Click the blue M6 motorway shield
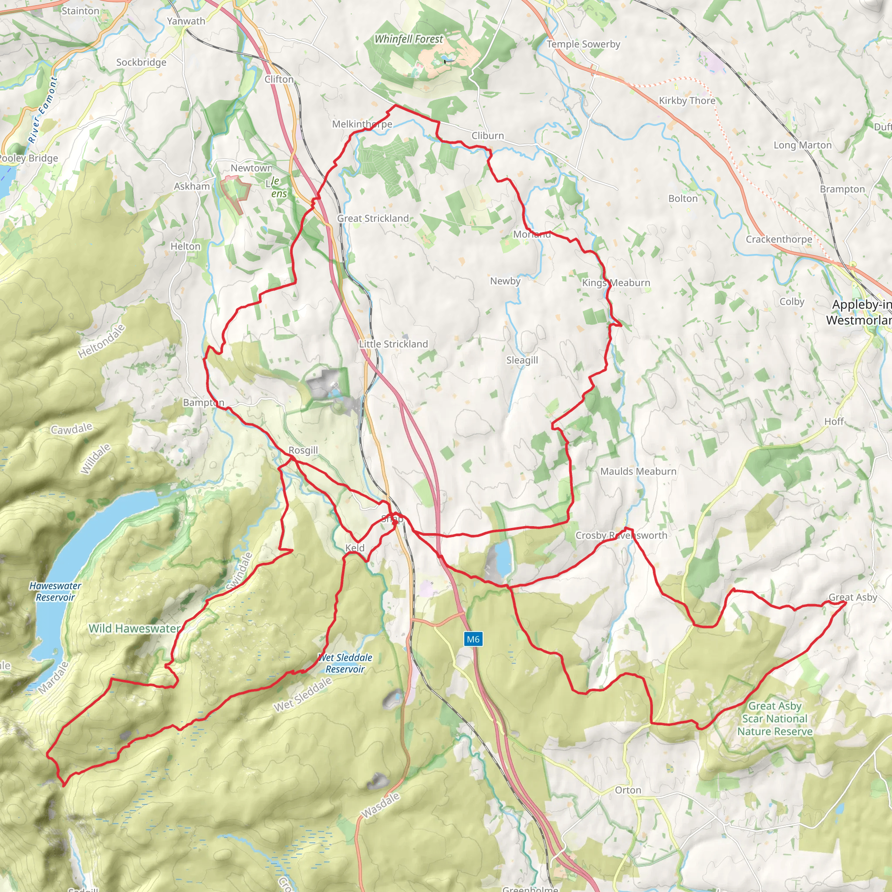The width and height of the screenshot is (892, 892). coord(473,639)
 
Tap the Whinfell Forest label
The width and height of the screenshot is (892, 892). coord(409,39)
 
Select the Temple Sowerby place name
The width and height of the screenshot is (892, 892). coord(583,44)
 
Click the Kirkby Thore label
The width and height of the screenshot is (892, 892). coord(686,101)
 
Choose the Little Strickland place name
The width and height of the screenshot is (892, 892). coord(393,344)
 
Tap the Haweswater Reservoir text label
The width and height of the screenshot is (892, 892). coord(55,591)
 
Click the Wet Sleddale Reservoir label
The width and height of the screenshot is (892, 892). coord(345,663)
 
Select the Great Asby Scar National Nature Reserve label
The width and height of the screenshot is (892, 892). coord(775,718)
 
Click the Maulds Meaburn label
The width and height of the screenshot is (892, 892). coord(638,471)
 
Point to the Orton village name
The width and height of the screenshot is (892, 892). coord(628,790)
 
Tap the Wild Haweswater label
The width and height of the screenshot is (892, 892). coord(134,628)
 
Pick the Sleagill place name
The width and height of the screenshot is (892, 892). coord(522,360)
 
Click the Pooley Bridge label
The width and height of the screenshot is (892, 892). coord(29,159)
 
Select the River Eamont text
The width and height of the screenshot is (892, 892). coord(43,109)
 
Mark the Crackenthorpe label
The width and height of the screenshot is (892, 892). coord(778,239)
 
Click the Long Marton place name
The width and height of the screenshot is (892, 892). coord(802,145)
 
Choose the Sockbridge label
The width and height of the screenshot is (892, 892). coord(141,62)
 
